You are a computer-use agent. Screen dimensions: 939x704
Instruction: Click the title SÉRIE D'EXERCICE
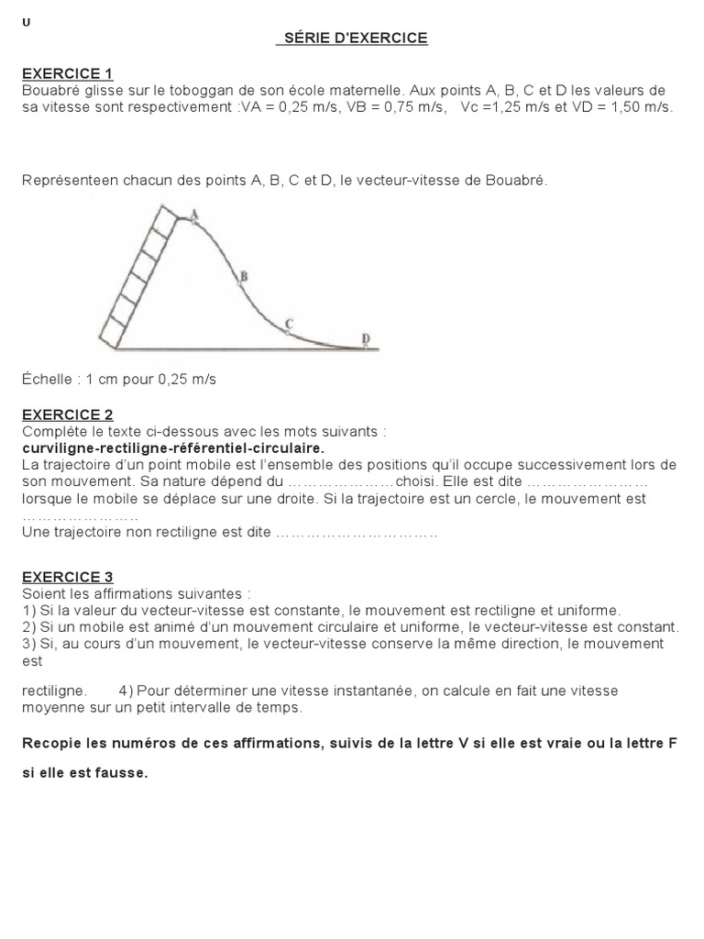(353, 39)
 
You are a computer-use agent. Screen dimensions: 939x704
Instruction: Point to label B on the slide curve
(243, 275)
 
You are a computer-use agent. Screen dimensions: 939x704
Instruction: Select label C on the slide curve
(289, 323)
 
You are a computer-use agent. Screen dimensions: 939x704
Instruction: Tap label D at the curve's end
(366, 339)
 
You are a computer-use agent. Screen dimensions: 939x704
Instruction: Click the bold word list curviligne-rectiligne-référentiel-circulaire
(172, 448)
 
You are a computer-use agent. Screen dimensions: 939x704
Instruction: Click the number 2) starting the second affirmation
(29, 627)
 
